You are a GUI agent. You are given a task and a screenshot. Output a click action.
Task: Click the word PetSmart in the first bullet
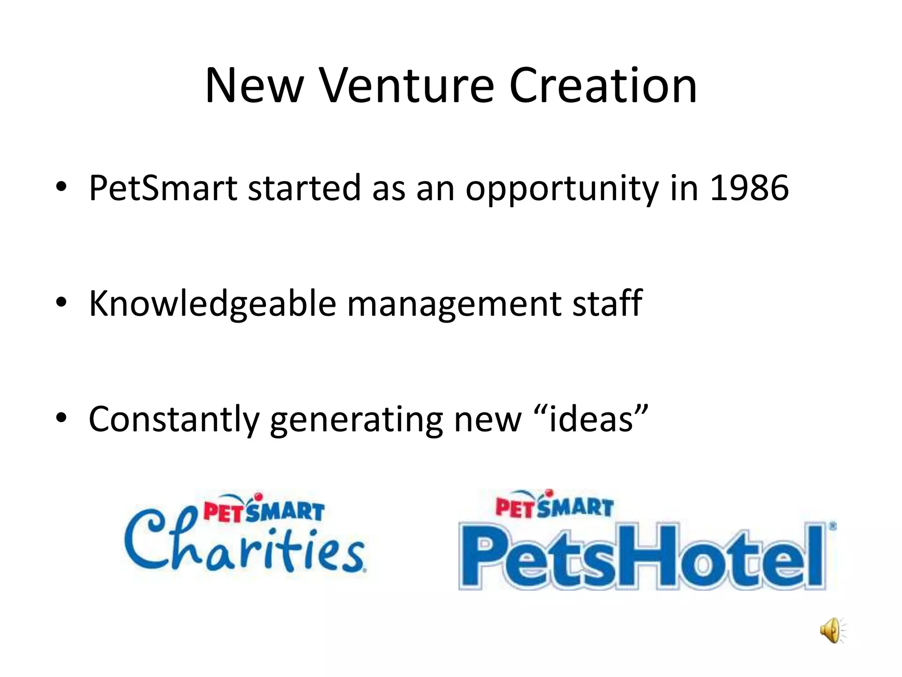click(x=163, y=188)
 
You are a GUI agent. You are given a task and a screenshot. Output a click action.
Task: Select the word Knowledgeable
click(x=213, y=304)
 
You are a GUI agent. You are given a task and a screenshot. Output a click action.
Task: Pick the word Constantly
click(x=174, y=420)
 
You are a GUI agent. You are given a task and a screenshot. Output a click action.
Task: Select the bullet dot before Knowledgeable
click(x=61, y=302)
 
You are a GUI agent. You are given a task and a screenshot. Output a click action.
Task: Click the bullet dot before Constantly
click(x=61, y=417)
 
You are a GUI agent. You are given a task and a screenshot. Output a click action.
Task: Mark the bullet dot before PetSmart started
click(x=61, y=187)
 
